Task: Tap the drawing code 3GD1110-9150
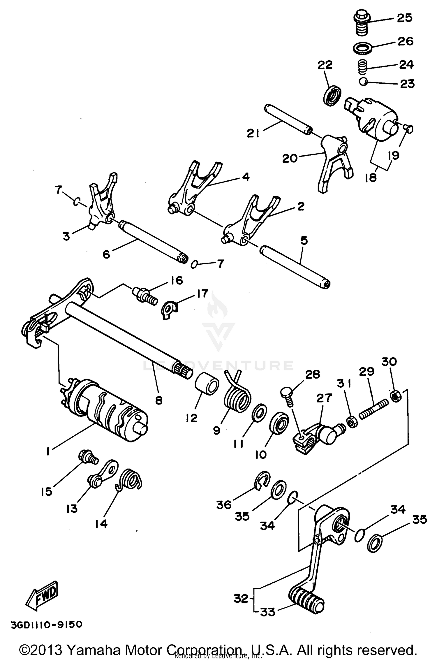pos(47,625)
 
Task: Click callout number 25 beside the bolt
pos(405,18)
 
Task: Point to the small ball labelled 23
pos(363,82)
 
